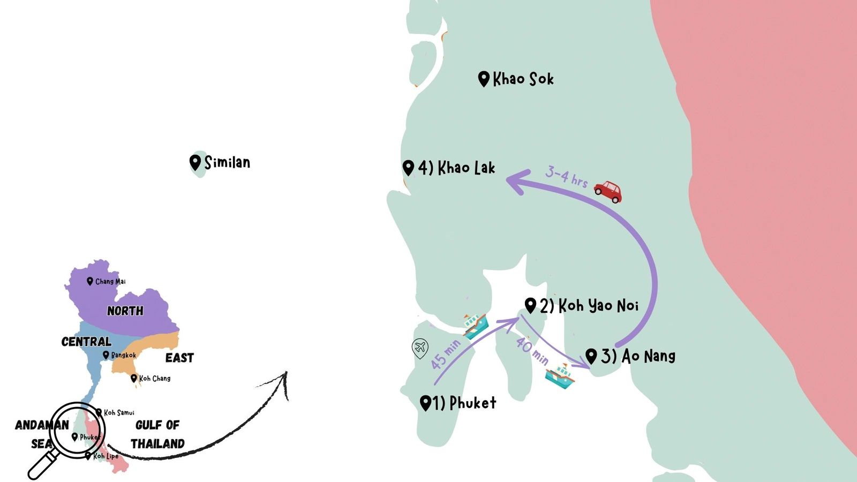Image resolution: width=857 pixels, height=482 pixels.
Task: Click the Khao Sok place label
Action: coord(523,79)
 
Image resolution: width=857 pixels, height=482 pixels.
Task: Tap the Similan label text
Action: coord(227,162)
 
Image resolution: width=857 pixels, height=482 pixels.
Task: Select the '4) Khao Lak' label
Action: coord(456,168)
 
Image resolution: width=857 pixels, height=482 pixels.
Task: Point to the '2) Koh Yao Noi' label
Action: coord(589,306)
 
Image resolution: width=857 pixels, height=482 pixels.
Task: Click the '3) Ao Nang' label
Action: coord(637,356)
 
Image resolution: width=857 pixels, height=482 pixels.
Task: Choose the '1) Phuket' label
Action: coord(464,403)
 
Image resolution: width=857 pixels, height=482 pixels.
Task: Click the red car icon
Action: coord(608,191)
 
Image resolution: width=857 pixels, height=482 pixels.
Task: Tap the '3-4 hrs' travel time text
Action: coord(566,176)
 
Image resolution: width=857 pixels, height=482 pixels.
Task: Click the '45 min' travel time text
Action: coord(445,354)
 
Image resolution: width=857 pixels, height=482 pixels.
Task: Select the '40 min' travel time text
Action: coord(532,351)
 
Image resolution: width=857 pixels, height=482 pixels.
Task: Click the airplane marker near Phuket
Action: coord(420,348)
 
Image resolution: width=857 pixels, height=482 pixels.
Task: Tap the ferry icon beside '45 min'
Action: coord(476,326)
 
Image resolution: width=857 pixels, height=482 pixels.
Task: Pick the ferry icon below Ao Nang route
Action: coord(560,375)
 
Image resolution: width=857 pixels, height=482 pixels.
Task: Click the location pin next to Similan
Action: coord(195,162)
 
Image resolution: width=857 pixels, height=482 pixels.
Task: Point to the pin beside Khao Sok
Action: coord(484,79)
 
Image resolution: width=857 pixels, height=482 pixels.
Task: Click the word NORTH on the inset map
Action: coord(125,311)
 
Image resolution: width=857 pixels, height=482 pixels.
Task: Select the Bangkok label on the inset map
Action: coord(123,355)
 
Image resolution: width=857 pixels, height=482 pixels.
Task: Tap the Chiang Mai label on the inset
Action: coord(110,281)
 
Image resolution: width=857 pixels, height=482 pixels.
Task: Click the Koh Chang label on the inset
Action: coord(154,378)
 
